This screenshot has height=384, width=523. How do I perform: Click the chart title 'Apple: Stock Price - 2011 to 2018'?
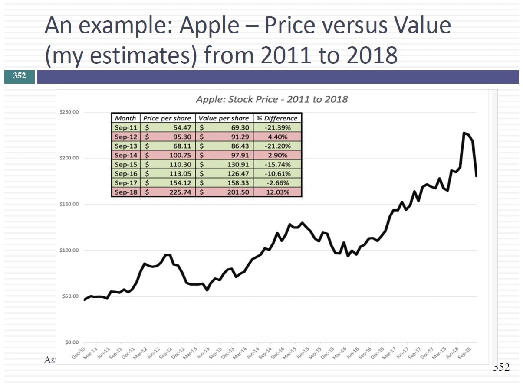[x=272, y=99]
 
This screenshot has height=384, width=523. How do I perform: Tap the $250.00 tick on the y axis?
[x=69, y=112]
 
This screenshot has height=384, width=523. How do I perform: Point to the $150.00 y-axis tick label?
[x=69, y=204]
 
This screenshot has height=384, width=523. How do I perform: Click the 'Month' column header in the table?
[x=125, y=118]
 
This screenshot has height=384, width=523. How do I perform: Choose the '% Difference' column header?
[x=277, y=118]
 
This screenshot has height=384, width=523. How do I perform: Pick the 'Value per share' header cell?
[x=224, y=118]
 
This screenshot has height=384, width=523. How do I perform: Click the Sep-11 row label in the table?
[x=126, y=127]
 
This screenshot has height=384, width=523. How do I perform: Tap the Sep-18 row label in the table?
[x=126, y=192]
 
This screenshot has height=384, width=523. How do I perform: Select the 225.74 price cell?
[x=180, y=192]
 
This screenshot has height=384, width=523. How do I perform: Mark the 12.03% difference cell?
[x=277, y=192]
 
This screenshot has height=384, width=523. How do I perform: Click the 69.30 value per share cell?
[x=240, y=127]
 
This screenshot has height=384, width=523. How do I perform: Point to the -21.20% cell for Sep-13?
[x=277, y=146]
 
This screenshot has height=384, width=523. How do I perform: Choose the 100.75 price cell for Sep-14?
[x=180, y=155]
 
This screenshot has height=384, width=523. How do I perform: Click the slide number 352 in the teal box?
[x=20, y=76]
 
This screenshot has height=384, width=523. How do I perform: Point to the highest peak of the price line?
[x=464, y=133]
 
